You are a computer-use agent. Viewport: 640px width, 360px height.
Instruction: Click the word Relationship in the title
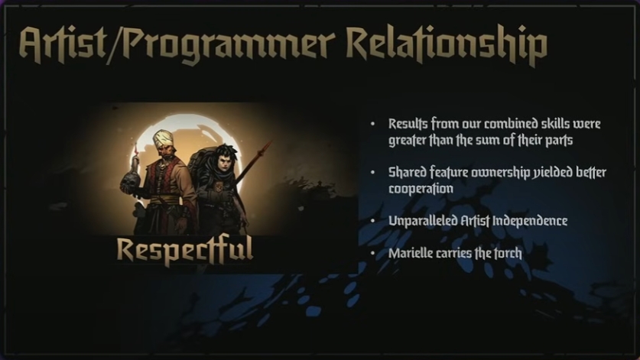447,45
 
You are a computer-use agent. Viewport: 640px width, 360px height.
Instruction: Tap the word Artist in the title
63,45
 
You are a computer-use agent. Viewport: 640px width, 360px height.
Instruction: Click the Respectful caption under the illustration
185,250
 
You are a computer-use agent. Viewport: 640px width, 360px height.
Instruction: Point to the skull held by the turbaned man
131,182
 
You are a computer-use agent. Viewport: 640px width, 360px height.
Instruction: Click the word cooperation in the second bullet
421,189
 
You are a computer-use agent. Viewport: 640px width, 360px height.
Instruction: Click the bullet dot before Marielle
372,254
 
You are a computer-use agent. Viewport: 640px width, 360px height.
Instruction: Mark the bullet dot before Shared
372,173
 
